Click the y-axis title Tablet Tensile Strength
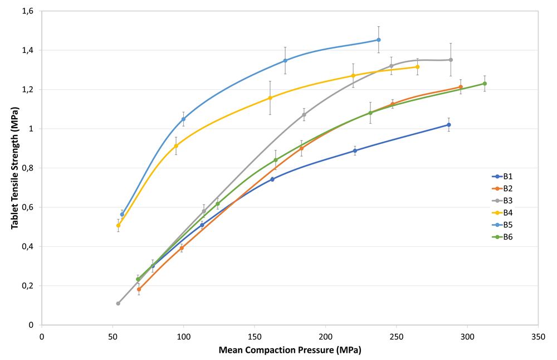(15, 167)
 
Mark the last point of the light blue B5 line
(379, 40)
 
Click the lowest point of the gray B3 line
(118, 303)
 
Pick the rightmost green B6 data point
(485, 84)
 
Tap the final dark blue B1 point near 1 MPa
(449, 125)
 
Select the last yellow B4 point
(417, 67)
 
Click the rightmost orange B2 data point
(461, 87)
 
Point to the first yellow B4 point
(118, 225)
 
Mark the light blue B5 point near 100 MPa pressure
(183, 119)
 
